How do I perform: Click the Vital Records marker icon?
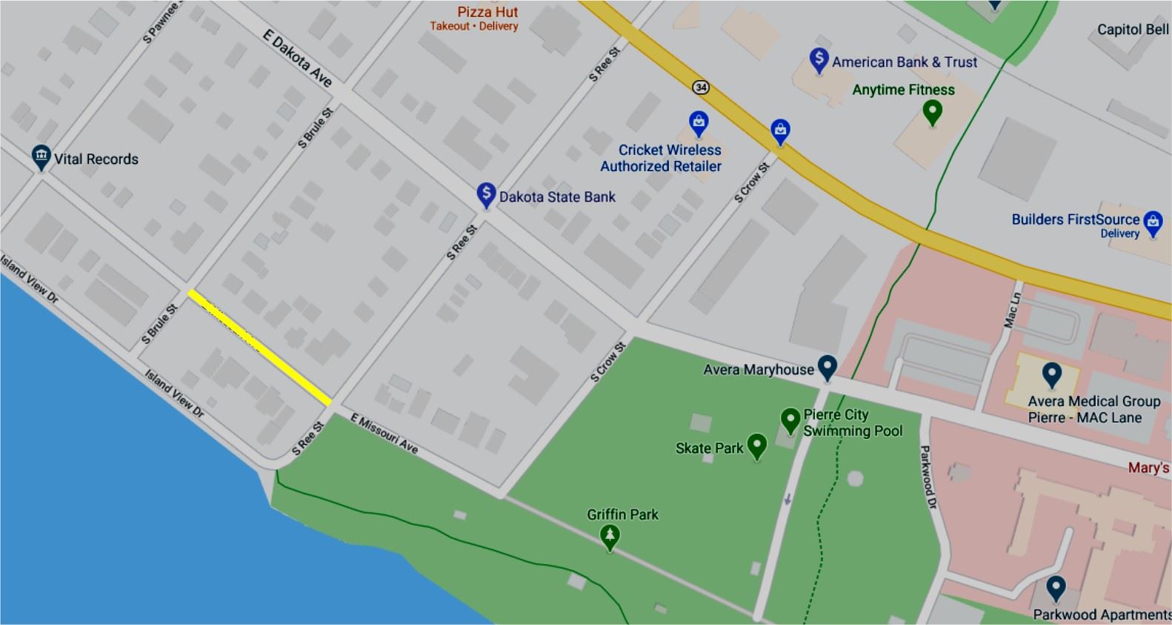pos(41,156)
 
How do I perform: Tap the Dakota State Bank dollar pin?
pos(486,194)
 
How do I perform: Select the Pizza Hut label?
pos(487,12)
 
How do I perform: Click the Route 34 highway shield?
pos(700,87)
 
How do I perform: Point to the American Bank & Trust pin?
pos(819,59)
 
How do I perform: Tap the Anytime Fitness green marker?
pos(932,112)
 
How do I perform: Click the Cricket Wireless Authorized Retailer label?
pos(661,158)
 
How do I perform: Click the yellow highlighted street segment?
pos(259,348)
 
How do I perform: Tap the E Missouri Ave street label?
pos(384,434)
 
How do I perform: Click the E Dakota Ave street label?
pos(297,58)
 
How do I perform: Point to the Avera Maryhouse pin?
pos(827,366)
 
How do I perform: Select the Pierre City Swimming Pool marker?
pos(790,420)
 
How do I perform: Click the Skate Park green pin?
pos(756,445)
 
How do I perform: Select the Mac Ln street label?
pos(1012,310)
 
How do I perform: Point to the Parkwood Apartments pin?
pos(1056,588)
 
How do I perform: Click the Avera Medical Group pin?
pos(1052,374)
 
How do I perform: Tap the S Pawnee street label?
pos(161,22)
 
